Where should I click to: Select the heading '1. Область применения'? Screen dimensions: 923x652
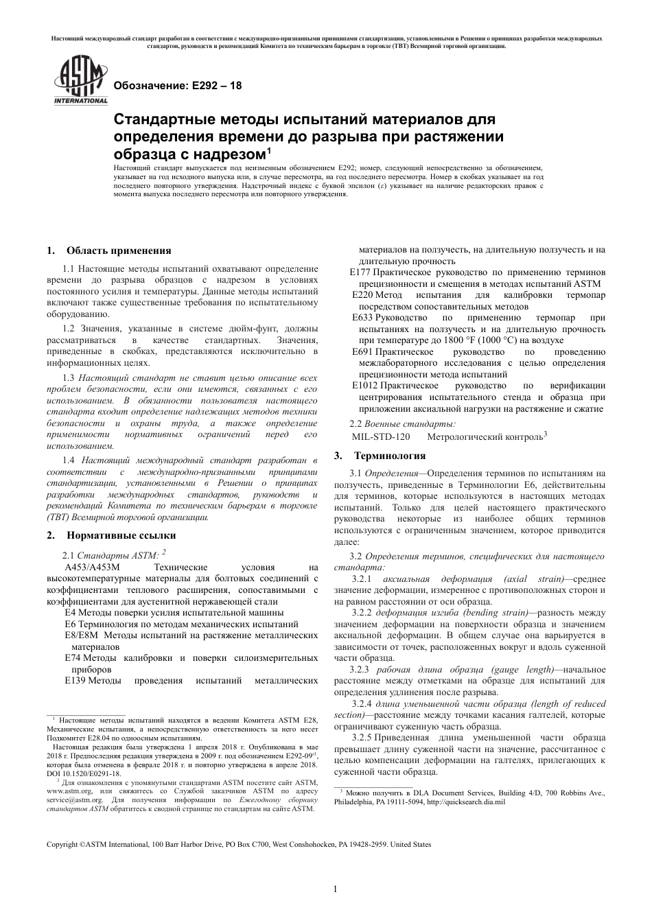point(108,250)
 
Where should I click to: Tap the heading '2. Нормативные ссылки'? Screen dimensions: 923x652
point(111,535)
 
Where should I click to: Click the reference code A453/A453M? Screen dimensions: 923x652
point(92,568)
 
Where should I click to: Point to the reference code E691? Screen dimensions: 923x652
point(362,352)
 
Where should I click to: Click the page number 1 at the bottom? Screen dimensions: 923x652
point(335,890)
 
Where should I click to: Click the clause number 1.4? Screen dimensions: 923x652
point(69,460)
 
